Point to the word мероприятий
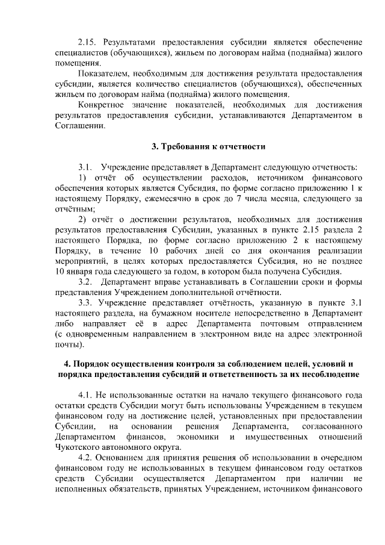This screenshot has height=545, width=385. (81, 260)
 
